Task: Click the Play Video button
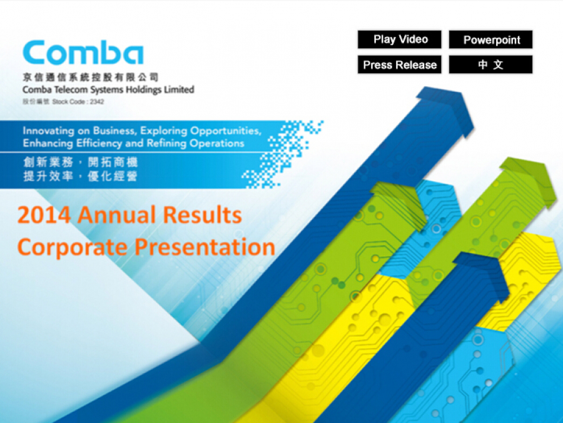[x=399, y=39]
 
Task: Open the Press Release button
[x=399, y=64]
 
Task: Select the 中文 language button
[x=490, y=64]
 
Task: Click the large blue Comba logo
[x=83, y=52]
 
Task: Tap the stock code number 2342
[x=97, y=102]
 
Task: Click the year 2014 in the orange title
[x=44, y=215]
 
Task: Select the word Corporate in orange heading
[x=72, y=248]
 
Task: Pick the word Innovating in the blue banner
[x=48, y=131]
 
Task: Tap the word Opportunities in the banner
[x=225, y=131]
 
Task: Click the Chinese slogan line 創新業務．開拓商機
[x=81, y=162]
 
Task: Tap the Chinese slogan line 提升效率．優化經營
[x=81, y=176]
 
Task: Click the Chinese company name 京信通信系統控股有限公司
[x=91, y=77]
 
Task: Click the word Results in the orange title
[x=203, y=215]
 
